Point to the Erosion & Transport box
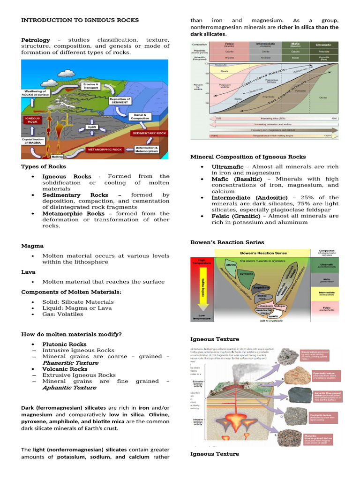point(90,86)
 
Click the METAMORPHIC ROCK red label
point(105,150)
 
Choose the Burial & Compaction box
point(142,116)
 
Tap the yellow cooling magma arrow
point(202,286)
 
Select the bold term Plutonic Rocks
point(64,344)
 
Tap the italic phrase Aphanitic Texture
point(69,388)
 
